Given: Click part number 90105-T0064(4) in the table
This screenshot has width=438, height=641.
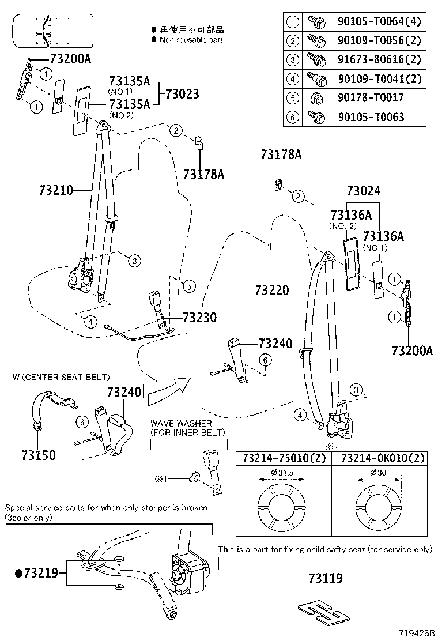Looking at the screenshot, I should pyautogui.click(x=376, y=22).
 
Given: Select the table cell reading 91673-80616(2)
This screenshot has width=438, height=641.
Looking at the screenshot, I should pyautogui.click(x=376, y=59).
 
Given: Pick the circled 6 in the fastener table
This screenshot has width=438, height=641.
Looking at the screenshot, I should pyautogui.click(x=293, y=117).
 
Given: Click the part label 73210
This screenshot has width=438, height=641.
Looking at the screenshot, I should pyautogui.click(x=56, y=189).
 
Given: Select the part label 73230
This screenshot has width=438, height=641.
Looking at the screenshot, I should pyautogui.click(x=199, y=317).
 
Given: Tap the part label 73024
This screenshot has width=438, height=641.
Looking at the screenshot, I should pyautogui.click(x=363, y=191).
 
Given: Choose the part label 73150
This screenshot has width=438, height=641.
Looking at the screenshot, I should pyautogui.click(x=39, y=455).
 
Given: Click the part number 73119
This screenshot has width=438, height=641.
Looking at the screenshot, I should pyautogui.click(x=325, y=578).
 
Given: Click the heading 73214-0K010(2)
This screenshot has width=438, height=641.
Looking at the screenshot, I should pyautogui.click(x=383, y=458).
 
